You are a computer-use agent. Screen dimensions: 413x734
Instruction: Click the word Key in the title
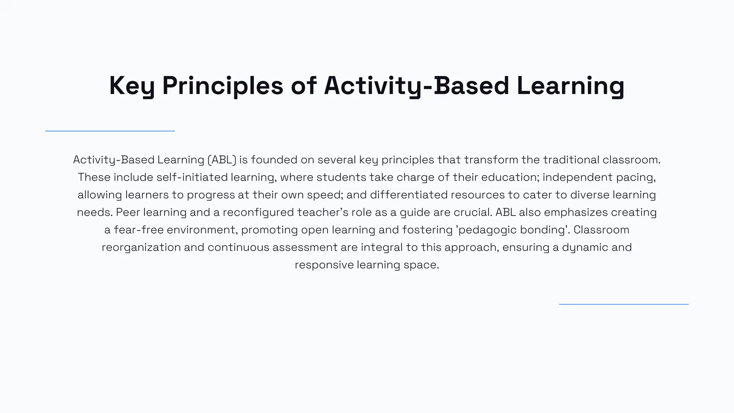(132, 86)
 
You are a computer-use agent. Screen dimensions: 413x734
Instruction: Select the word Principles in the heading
(223, 86)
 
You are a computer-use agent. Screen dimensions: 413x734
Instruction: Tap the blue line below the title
(110, 131)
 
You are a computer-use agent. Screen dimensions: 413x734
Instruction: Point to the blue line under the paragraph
(624, 304)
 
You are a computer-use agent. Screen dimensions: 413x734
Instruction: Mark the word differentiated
(409, 195)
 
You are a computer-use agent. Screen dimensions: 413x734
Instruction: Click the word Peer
(128, 213)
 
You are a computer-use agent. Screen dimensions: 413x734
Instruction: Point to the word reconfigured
(258, 213)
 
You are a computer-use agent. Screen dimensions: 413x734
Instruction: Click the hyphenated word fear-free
(139, 230)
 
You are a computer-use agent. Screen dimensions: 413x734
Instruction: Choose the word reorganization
(141, 247)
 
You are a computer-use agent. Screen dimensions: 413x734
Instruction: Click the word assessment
(305, 247)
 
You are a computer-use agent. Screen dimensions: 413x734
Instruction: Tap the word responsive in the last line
(324, 265)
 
